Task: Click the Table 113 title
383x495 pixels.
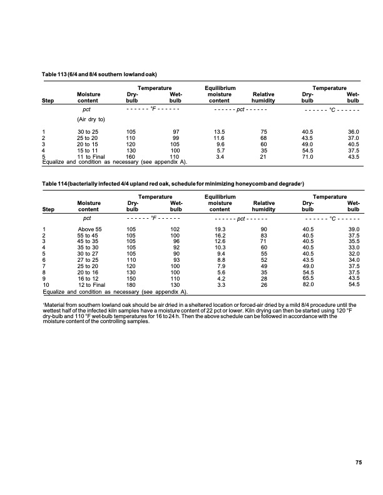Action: [94, 75]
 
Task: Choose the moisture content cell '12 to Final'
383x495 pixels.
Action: [91, 285]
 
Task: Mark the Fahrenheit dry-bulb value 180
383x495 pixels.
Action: [131, 285]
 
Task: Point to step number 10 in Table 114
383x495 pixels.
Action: [45, 285]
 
